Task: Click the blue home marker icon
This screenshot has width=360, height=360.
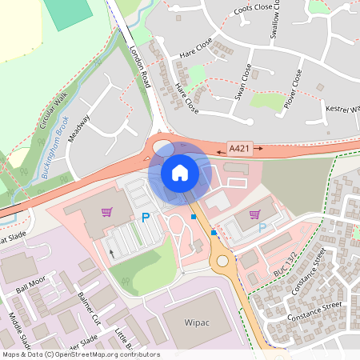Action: click(180, 172)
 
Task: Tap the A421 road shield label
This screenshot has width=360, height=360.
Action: click(239, 149)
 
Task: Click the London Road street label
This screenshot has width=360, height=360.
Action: click(140, 66)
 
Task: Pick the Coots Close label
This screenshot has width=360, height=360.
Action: click(252, 8)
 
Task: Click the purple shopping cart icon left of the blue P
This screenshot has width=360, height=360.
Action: click(106, 212)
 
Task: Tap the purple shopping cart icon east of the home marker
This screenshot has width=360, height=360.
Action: click(254, 214)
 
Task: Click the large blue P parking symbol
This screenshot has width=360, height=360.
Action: click(146, 217)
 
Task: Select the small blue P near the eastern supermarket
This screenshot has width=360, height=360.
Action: click(262, 227)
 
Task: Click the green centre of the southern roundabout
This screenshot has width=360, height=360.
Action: click(222, 260)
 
